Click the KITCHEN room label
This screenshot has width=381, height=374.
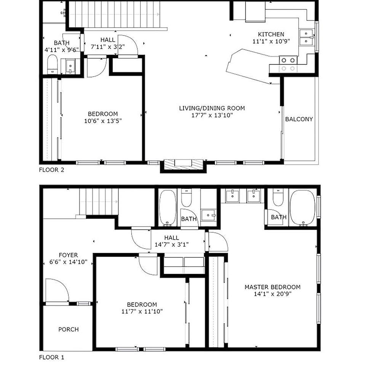click(271, 34)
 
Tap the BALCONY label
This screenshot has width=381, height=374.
click(299, 119)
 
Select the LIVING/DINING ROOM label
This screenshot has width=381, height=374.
click(212, 108)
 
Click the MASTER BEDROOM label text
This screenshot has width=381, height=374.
click(272, 287)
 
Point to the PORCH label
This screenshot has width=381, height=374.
click(69, 329)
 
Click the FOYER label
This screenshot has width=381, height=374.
click(68, 255)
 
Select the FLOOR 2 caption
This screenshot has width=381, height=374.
click(52, 170)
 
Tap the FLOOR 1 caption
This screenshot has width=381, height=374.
click(52, 358)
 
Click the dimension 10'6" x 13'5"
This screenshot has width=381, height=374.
click(102, 121)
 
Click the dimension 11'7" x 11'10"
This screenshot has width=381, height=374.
click(142, 312)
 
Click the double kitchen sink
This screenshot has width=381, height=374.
click(306, 37)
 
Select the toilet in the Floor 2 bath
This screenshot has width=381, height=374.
click(52, 64)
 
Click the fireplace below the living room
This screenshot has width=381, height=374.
click(183, 164)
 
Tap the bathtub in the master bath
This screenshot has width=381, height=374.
click(303, 208)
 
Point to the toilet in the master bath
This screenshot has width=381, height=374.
click(278, 197)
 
